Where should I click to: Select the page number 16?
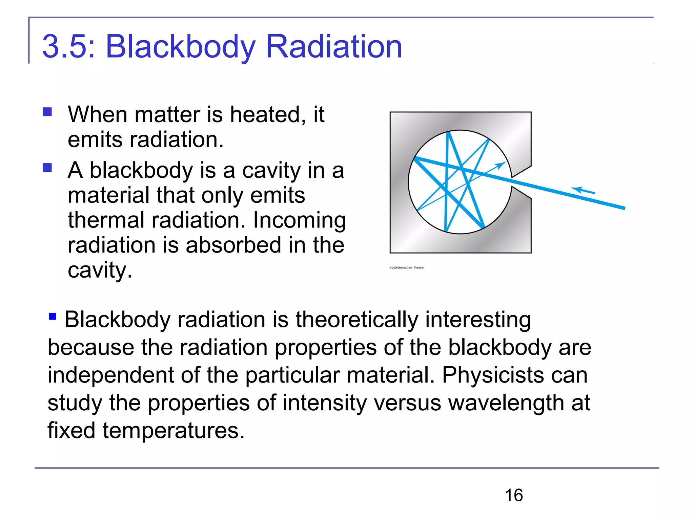(x=514, y=495)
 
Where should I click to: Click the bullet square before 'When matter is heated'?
(x=47, y=112)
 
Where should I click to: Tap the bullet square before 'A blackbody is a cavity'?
(x=47, y=168)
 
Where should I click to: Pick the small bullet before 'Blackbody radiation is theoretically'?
(x=53, y=317)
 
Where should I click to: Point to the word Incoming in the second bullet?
(x=300, y=220)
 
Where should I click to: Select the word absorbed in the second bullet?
(x=233, y=245)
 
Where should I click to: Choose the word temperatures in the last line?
(x=173, y=431)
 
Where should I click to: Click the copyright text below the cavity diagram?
(x=407, y=268)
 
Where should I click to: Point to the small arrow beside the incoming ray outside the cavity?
(x=583, y=190)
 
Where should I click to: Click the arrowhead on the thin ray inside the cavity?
(x=501, y=165)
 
